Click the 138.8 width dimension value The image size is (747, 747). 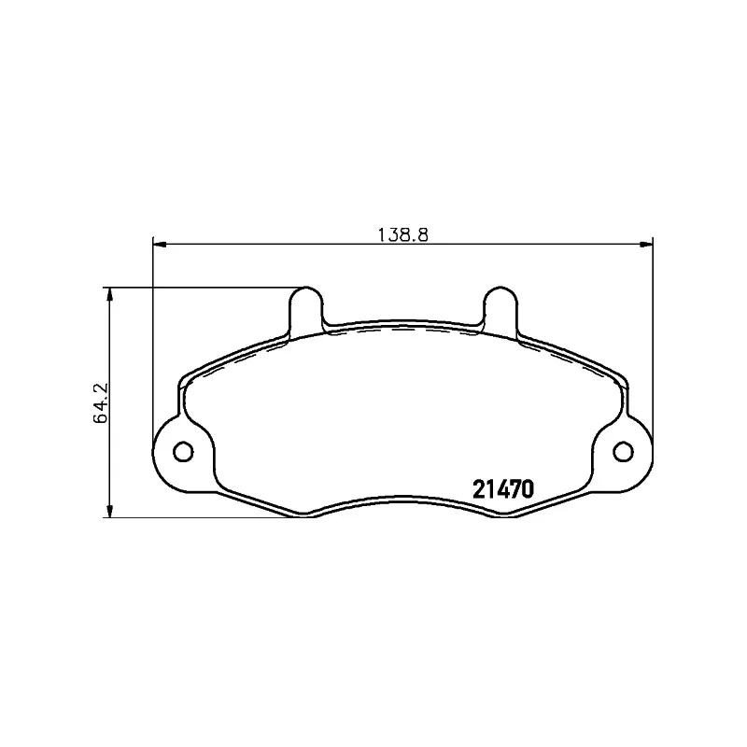click(403, 235)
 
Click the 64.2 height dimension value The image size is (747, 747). click(101, 403)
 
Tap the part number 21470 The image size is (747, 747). click(503, 488)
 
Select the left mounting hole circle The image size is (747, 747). click(183, 451)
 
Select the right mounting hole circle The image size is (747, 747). click(623, 451)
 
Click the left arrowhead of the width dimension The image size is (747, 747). click(160, 245)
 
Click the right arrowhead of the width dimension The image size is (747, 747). click(646, 245)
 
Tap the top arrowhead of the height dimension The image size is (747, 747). click(110, 294)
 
